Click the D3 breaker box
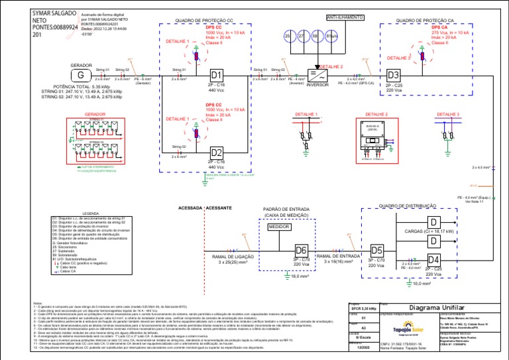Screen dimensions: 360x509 coord(394,75)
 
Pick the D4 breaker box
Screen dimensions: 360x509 coord(434,259)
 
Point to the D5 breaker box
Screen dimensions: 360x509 coord(377,250)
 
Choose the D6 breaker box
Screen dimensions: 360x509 coord(302,250)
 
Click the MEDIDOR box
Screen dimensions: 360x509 coord(280,227)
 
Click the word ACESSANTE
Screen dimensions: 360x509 coord(219,208)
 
